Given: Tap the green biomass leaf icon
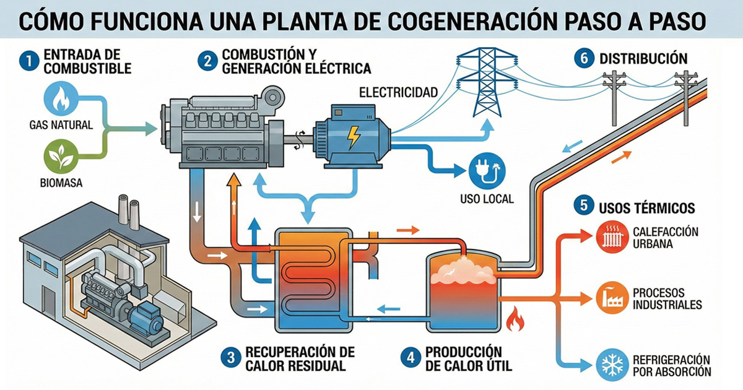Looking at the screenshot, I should [x=61, y=157].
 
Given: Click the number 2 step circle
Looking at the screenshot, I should [x=206, y=61].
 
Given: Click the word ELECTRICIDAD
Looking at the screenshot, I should [x=398, y=93].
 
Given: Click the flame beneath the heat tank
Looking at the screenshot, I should [x=515, y=321].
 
